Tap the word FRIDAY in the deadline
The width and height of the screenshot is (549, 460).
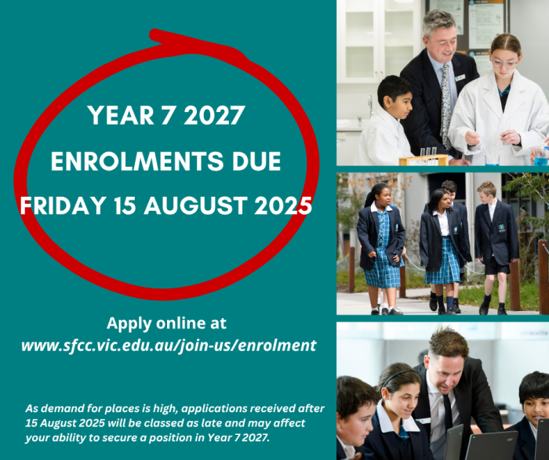click(x=63, y=205)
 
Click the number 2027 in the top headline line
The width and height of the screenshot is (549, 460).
click(x=214, y=115)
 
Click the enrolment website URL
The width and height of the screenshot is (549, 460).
click(x=169, y=346)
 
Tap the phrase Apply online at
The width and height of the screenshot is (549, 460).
click(x=166, y=323)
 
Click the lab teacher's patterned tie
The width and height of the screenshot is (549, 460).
click(x=445, y=105)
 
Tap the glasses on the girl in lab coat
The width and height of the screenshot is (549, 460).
click(x=504, y=63)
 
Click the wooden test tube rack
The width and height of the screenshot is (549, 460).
click(x=424, y=159)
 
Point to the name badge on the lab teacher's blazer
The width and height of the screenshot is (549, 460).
click(x=460, y=77)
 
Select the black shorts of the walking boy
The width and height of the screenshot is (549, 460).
click(x=497, y=266)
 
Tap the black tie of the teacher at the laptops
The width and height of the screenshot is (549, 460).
click(x=447, y=413)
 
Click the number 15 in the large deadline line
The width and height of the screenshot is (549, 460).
click(x=125, y=205)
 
